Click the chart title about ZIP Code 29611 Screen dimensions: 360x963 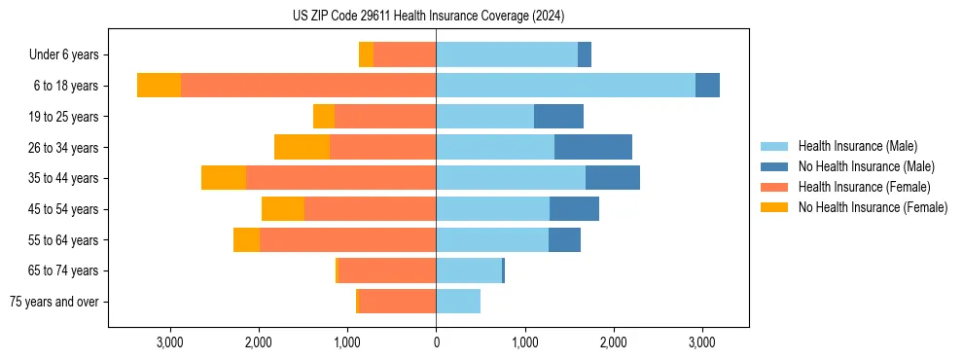click(x=428, y=16)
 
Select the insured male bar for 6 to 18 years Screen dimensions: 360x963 click(x=565, y=86)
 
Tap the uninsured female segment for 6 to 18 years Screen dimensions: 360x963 click(x=159, y=86)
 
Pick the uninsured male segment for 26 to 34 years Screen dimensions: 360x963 click(x=593, y=147)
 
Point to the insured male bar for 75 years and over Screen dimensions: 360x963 click(x=458, y=302)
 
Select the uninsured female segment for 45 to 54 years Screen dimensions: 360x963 click(x=283, y=209)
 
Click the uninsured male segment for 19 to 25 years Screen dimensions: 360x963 click(x=558, y=117)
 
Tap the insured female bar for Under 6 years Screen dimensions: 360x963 click(x=405, y=54)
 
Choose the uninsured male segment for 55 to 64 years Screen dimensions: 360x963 click(x=564, y=239)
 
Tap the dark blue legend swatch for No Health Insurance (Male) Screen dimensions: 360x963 click(x=774, y=166)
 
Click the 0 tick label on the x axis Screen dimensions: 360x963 click(x=436, y=342)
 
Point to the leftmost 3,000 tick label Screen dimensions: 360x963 click(x=169, y=342)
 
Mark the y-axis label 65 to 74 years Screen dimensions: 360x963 click(x=65, y=270)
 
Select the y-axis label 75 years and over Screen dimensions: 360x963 click(x=53, y=302)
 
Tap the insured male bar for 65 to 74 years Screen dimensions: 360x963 click(x=469, y=270)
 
